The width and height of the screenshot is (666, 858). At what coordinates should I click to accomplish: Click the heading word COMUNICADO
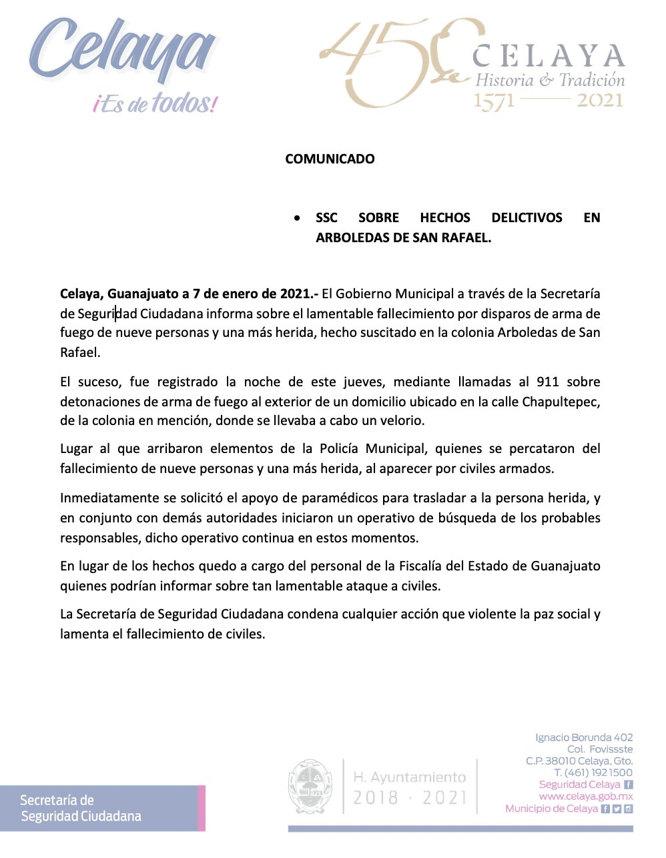tap(330, 159)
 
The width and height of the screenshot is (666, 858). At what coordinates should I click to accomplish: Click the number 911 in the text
tap(547, 382)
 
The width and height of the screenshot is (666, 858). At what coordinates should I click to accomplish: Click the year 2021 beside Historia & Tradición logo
tap(600, 101)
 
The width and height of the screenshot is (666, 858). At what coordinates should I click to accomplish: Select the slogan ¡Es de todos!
tap(155, 103)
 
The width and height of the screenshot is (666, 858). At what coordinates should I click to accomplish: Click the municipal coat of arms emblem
tap(311, 786)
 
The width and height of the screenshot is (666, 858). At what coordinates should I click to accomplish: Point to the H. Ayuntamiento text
tap(409, 777)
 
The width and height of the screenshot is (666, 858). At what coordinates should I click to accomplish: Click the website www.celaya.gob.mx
tap(585, 797)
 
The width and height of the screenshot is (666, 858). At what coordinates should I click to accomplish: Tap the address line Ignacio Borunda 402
tap(584, 737)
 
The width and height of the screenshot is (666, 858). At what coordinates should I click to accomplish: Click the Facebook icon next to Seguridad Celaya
tap(628, 785)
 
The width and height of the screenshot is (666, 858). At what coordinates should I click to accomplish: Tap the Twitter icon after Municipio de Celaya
tap(617, 809)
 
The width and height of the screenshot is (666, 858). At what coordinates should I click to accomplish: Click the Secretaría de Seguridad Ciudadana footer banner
tap(103, 808)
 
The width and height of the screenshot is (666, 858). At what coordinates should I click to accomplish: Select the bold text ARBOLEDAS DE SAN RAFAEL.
tap(403, 238)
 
